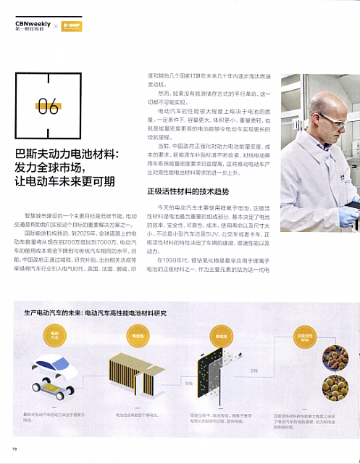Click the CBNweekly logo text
(x=32, y=25)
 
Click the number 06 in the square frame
(x=48, y=107)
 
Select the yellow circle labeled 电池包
(x=138, y=335)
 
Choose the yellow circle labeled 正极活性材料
(x=305, y=336)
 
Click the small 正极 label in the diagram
(x=254, y=370)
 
